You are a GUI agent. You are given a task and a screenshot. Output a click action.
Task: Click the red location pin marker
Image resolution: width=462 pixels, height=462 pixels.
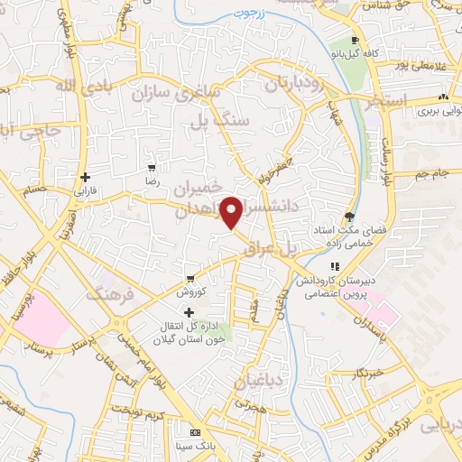click(x=232, y=211)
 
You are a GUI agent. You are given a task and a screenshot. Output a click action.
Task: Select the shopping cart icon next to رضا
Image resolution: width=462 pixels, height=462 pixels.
click(x=152, y=167)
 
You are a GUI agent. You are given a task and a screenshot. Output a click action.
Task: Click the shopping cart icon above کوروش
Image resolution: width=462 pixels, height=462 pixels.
click(x=190, y=278)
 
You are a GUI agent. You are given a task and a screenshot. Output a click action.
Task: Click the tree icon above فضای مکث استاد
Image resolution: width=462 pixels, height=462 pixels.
click(x=349, y=217)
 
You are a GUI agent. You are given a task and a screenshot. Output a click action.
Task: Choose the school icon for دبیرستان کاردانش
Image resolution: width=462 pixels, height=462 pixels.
click(x=333, y=266)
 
